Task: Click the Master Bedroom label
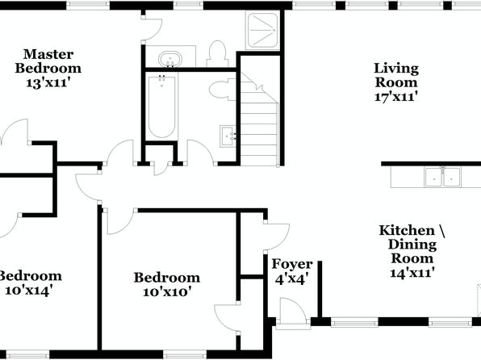[48, 61]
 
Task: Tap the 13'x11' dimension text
[48, 83]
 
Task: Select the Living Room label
[396, 75]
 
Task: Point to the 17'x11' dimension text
[396, 97]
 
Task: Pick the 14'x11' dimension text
[412, 273]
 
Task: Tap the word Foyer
[292, 265]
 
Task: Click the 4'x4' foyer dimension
[291, 279]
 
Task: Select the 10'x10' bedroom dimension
[167, 291]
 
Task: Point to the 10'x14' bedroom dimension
[27, 290]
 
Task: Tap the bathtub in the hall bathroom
[161, 106]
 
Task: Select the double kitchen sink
[442, 177]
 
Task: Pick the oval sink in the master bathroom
[170, 58]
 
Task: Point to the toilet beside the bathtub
[223, 89]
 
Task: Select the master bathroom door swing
[152, 30]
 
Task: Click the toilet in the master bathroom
[217, 54]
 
